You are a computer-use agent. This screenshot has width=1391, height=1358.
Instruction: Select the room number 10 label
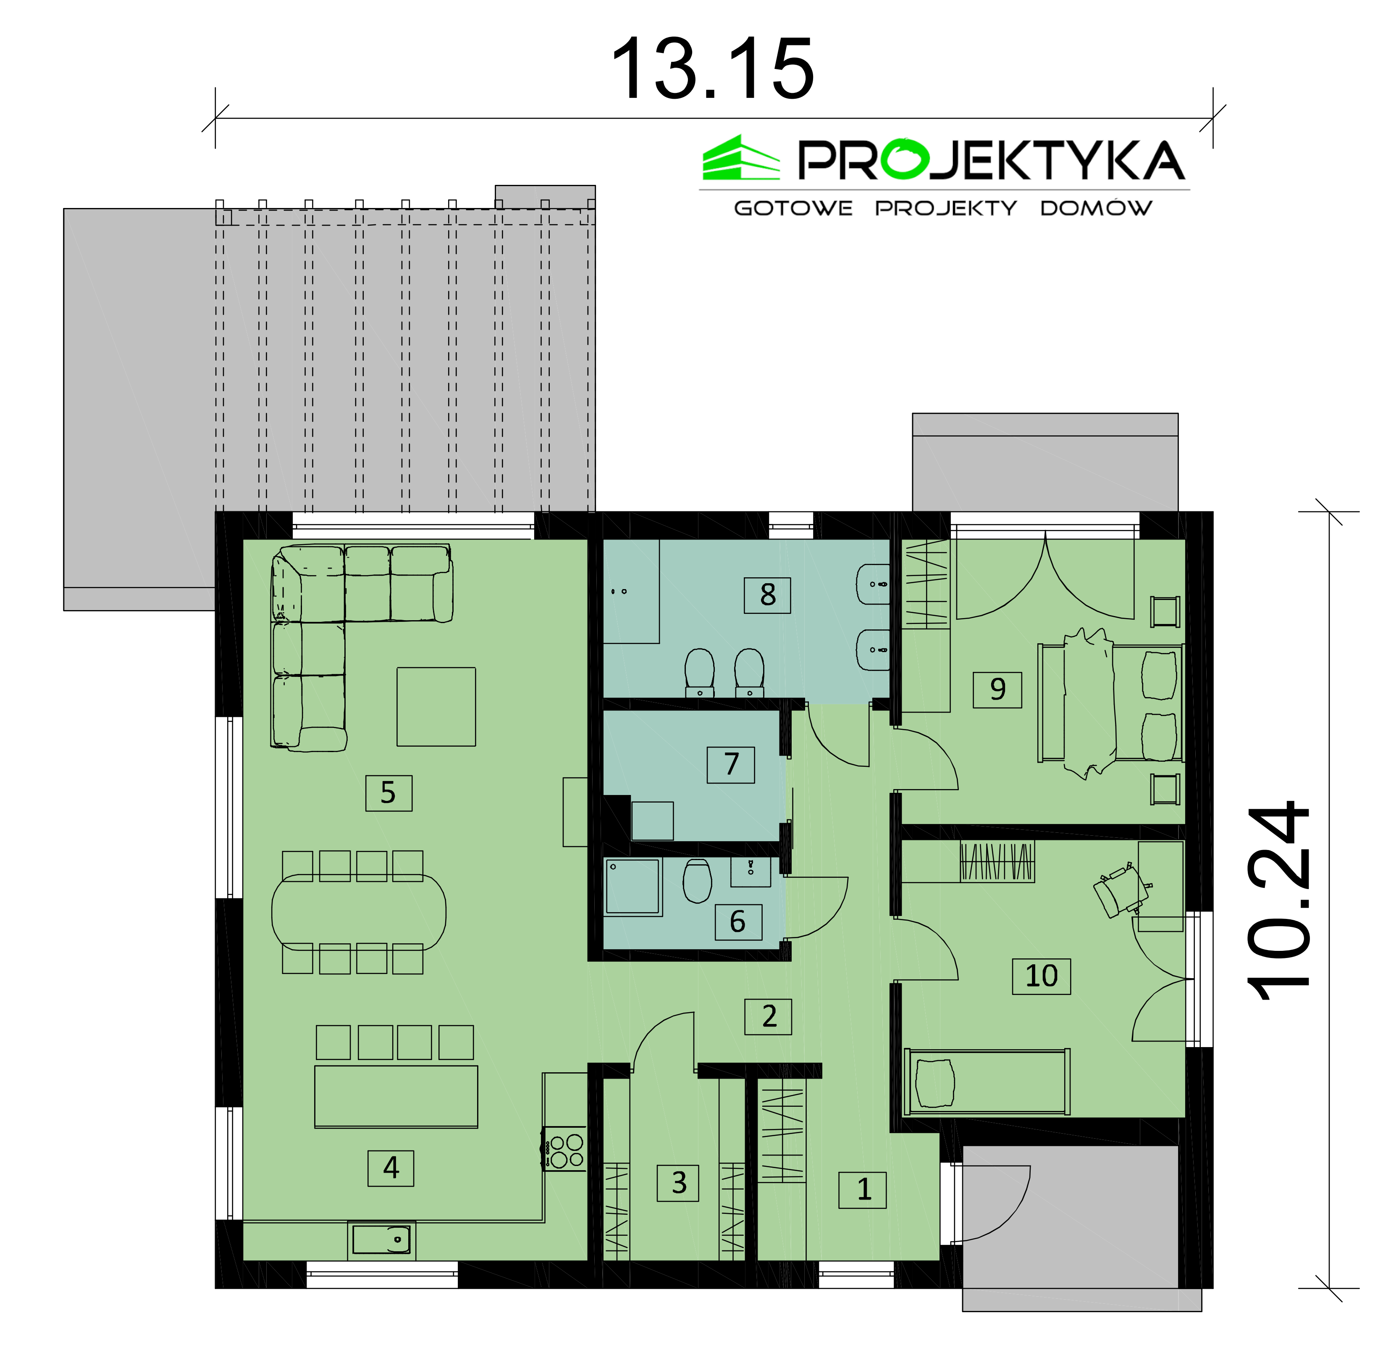(x=1041, y=976)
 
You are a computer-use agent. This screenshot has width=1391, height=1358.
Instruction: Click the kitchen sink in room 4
(x=381, y=1240)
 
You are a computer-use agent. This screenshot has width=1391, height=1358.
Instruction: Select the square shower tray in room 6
(x=633, y=887)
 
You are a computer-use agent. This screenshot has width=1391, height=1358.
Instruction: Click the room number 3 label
(x=678, y=1183)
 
